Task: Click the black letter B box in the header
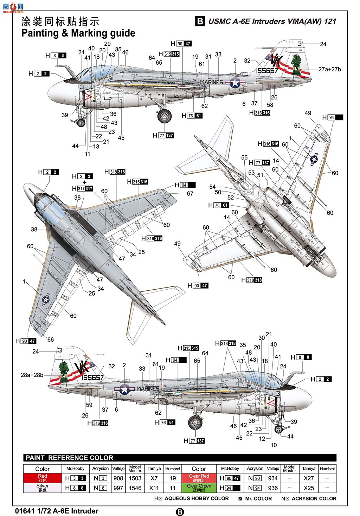pyautogui.click(x=200, y=21)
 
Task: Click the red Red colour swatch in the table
pyautogui.click(x=43, y=478)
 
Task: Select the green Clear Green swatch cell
pyautogui.click(x=199, y=488)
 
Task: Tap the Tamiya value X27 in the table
pyautogui.click(x=309, y=478)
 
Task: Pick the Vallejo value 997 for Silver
pyautogui.click(x=118, y=488)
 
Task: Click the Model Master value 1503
pyautogui.click(x=135, y=478)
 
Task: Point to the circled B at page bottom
pyautogui.click(x=180, y=512)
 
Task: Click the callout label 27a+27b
pyautogui.click(x=329, y=69)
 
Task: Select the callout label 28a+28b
pyautogui.click(x=32, y=375)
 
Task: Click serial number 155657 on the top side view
pyautogui.click(x=267, y=71)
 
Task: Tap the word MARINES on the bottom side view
pyautogui.click(x=148, y=388)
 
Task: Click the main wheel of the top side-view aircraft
pyautogui.click(x=164, y=116)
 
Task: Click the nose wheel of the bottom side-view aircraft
pyautogui.click(x=279, y=429)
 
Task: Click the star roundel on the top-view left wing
pyautogui.click(x=46, y=299)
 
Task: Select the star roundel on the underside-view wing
pyautogui.click(x=314, y=160)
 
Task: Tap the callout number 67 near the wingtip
pyautogui.click(x=190, y=194)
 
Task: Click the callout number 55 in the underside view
pyautogui.click(x=244, y=158)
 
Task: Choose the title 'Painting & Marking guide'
pyautogui.click(x=78, y=33)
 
